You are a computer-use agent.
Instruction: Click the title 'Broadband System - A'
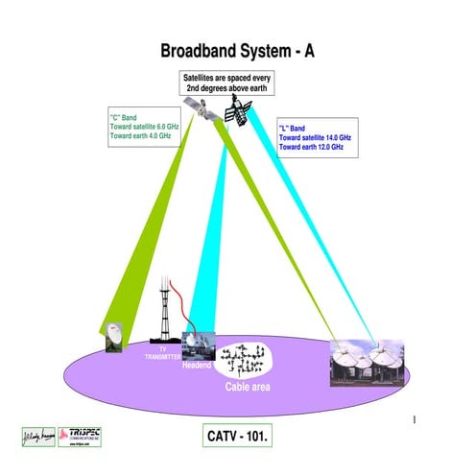(x=236, y=51)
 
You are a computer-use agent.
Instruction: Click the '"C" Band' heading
(x=123, y=118)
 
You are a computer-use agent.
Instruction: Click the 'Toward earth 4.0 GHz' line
(x=141, y=137)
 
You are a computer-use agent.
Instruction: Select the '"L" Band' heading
(x=292, y=128)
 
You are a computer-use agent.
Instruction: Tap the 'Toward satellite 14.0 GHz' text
(x=316, y=138)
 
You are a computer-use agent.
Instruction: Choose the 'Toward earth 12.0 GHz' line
(x=311, y=148)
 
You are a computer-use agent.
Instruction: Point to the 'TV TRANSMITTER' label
(x=163, y=354)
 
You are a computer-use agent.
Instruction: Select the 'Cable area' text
(x=248, y=386)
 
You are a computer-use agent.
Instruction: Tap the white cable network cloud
(x=244, y=360)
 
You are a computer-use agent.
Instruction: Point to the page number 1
(x=413, y=419)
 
